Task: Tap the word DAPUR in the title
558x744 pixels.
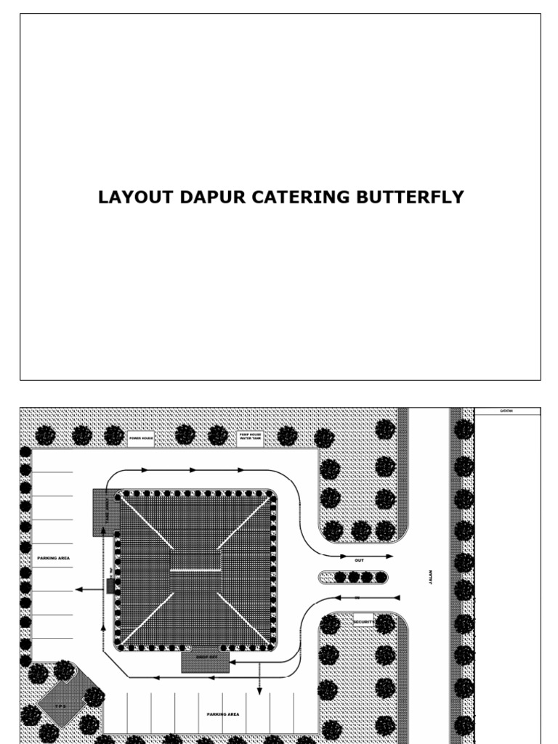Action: [214, 198]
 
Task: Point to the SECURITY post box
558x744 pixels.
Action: [363, 622]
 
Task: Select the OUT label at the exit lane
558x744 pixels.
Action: [359, 561]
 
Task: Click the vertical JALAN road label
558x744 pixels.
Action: [429, 578]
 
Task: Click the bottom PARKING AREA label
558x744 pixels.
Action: [222, 714]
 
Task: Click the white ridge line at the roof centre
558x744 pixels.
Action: [195, 570]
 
